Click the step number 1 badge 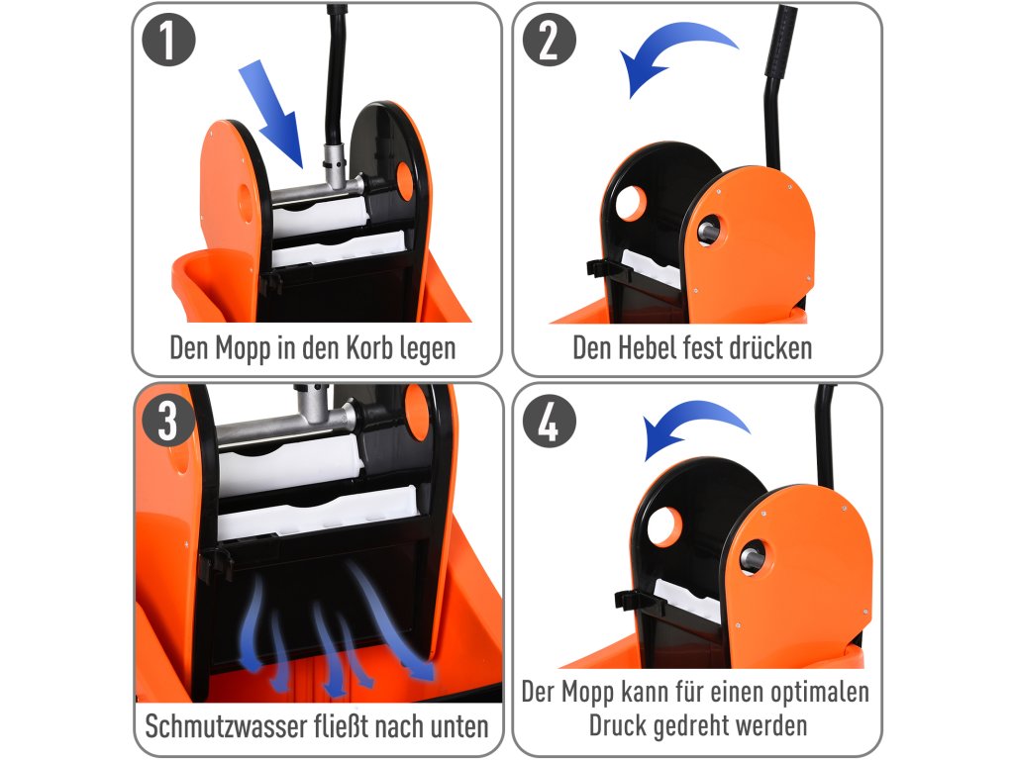click(x=168, y=40)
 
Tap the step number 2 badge click(x=549, y=40)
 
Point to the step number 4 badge click(x=549, y=421)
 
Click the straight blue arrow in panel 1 click(x=271, y=114)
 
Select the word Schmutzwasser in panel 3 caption click(x=227, y=726)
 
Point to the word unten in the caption click(x=459, y=727)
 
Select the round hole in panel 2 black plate click(x=631, y=204)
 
